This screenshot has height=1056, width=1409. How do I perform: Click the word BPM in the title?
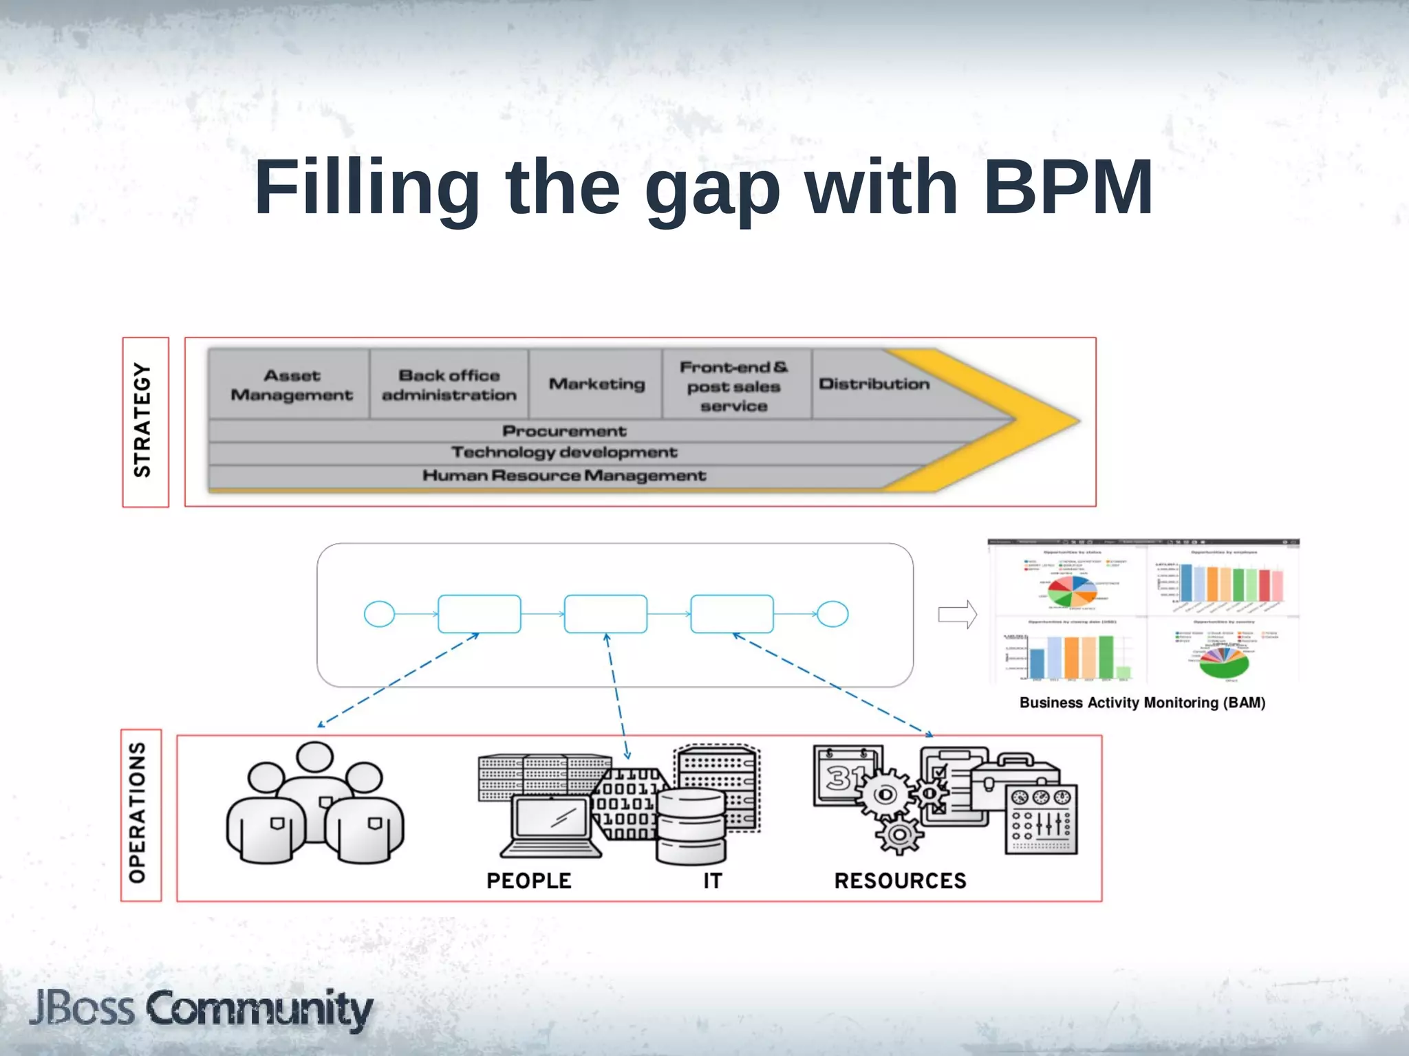pos(1067,187)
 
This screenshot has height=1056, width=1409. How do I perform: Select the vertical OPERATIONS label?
pos(138,813)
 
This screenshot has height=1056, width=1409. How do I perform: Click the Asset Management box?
pos(291,385)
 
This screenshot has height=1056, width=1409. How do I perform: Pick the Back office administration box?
pos(449,385)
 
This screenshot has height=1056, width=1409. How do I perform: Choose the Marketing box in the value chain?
pos(596,384)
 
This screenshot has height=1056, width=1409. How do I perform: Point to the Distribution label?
pos(874,384)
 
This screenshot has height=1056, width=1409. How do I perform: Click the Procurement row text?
pos(564,431)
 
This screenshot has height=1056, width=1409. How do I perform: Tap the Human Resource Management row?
pos(564,476)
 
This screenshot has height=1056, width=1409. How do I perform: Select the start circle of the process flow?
pos(379,614)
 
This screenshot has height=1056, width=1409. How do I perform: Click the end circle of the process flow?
pos(832,614)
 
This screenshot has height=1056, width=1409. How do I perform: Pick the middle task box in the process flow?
pos(605,614)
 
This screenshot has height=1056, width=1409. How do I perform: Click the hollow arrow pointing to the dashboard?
pos(957,614)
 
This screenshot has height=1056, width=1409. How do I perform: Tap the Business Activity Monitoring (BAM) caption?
pos(1142,703)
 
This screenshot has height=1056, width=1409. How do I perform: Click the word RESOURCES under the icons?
pos(900,881)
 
